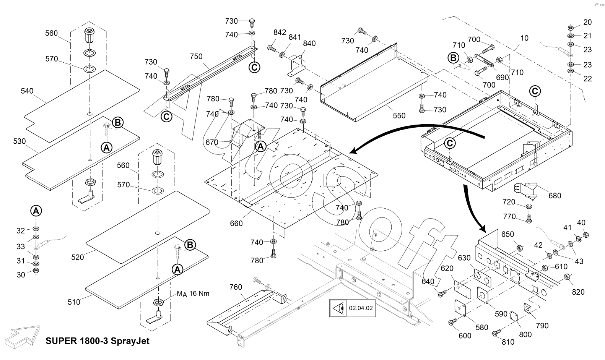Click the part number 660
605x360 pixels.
point(236,223)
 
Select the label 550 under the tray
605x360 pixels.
point(399,115)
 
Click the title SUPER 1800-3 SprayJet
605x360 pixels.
point(97,341)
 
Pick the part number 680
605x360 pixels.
point(555,196)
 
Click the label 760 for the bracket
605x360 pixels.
point(236,287)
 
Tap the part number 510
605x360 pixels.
point(74,302)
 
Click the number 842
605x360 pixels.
point(280,32)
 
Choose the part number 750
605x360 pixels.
point(196,56)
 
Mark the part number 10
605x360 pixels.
point(524,38)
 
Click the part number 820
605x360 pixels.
point(578,292)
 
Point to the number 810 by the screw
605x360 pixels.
point(508,342)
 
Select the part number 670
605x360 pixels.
point(211,143)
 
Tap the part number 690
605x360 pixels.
point(502,78)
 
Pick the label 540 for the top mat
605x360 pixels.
point(27,91)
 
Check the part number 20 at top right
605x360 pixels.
point(587,22)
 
